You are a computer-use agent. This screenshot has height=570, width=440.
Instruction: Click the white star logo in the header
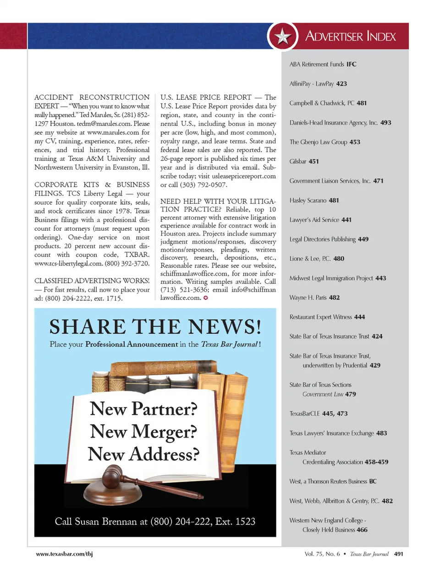283,36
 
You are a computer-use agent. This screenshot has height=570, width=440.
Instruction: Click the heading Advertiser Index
350,36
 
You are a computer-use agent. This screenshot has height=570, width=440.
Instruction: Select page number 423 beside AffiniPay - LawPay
341,84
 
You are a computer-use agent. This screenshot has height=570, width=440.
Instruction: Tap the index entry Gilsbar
298,161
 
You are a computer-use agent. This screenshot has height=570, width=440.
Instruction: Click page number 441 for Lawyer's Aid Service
346,220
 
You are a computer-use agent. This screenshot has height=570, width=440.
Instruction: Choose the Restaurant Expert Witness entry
321,317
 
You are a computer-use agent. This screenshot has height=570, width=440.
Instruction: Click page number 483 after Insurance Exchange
381,433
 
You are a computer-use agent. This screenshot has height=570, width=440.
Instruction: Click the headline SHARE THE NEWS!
155,327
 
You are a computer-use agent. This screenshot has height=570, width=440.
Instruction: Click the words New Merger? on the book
143,431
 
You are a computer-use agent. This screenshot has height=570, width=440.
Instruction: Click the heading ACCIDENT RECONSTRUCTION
92,97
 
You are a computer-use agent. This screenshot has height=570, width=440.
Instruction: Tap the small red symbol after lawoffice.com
206,298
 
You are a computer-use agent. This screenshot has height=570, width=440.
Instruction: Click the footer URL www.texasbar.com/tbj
64,554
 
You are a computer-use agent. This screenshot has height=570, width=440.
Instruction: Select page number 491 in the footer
399,554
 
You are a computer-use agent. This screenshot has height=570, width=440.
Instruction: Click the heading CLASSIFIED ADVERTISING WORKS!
92,281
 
